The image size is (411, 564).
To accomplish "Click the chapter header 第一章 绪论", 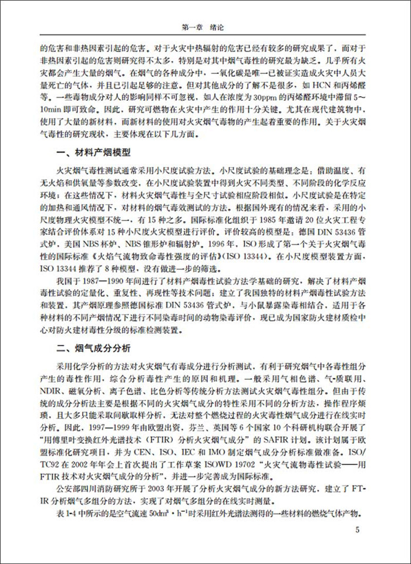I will coord(205,27).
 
